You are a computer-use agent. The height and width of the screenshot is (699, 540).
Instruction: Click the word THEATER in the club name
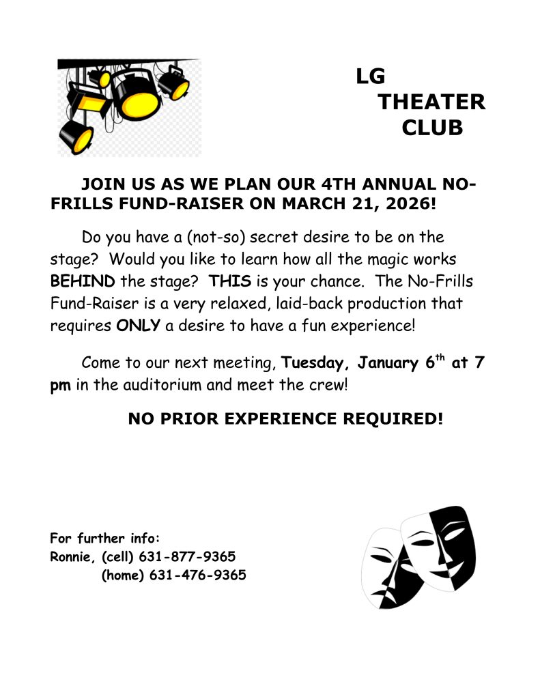[x=431, y=102]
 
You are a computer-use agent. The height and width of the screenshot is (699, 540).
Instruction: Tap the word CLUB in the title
[x=432, y=128]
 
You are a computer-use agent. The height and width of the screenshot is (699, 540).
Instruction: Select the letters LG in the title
[x=371, y=77]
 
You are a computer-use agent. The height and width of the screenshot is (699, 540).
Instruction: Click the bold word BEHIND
[x=83, y=282]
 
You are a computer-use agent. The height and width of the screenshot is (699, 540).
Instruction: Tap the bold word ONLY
[x=139, y=325]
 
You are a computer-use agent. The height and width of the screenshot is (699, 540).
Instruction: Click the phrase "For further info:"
[x=104, y=537]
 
